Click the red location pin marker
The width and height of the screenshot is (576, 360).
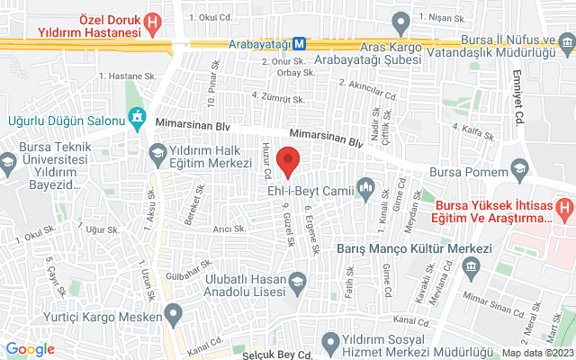[x=288, y=163]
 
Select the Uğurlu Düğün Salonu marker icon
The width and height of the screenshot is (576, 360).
[x=137, y=116]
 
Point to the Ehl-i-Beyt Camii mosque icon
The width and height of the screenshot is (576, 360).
[x=365, y=188]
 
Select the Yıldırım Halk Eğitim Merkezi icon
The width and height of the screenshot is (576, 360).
[x=158, y=152]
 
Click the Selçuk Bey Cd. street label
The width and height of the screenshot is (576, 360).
[x=276, y=354]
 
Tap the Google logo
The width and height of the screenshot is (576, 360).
[x=31, y=349]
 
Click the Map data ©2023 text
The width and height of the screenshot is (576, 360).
[x=537, y=353]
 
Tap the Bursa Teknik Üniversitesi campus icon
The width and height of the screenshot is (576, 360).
[x=9, y=162]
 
